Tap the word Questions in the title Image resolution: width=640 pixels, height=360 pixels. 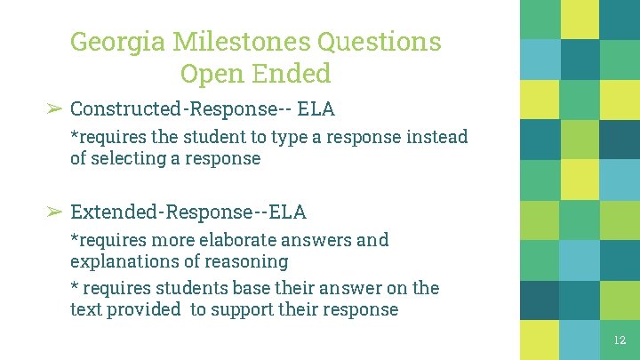pos(388,42)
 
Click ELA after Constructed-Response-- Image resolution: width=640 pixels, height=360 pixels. pos(316,109)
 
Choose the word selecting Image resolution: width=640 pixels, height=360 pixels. pos(124,159)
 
